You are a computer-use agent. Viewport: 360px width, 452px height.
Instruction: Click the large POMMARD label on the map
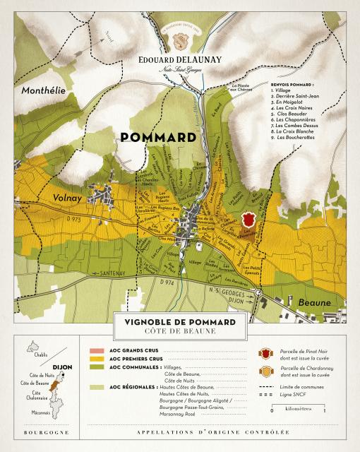click(158, 137)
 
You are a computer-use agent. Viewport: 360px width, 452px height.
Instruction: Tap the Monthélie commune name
click(43, 91)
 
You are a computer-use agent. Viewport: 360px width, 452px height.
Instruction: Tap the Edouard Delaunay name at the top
click(179, 59)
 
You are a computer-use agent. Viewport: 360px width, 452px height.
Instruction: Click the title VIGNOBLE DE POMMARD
click(180, 322)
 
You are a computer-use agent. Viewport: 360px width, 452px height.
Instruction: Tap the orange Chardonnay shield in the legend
click(265, 371)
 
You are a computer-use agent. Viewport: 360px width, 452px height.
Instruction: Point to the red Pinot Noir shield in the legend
click(265, 352)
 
